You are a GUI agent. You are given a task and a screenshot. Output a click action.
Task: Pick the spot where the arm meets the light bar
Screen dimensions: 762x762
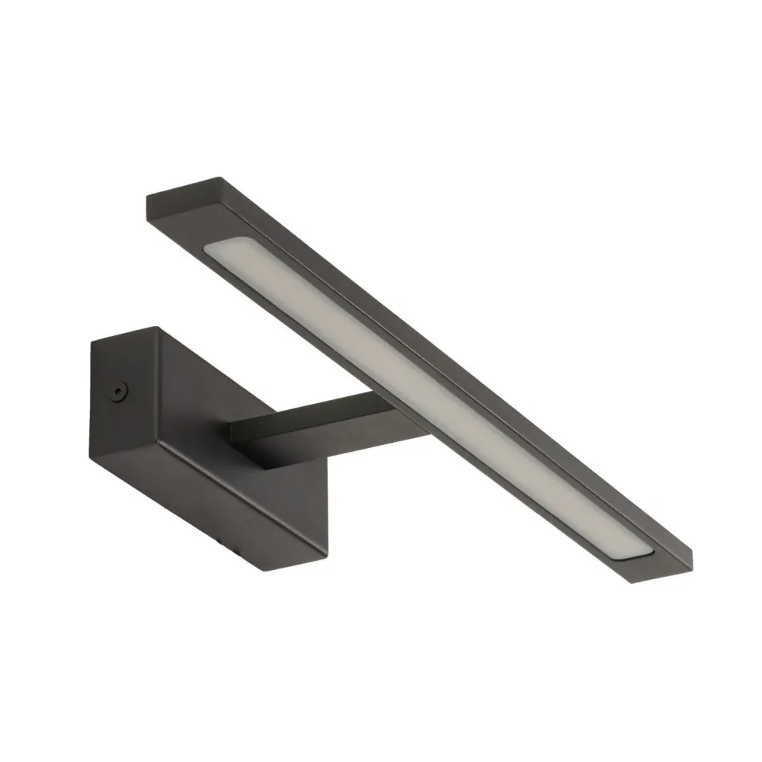coord(392,411)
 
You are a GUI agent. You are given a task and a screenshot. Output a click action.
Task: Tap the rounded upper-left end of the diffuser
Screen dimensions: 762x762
coord(217,255)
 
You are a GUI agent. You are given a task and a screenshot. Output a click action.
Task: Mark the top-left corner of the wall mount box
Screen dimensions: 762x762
coord(91,342)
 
